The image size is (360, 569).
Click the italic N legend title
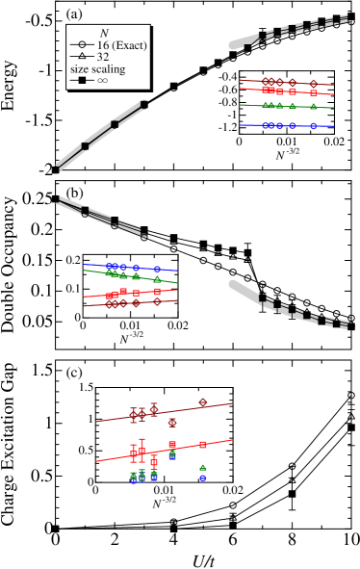(104, 34)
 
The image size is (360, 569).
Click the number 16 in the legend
(103, 45)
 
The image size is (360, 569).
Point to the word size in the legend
(79, 69)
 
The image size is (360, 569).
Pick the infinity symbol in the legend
(103, 81)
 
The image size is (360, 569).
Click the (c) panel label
(74, 372)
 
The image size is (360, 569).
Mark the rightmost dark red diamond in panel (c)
(202, 401)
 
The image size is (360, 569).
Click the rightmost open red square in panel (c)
(203, 444)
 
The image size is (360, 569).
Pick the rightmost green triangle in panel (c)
(202, 468)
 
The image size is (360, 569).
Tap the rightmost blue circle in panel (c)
(202, 478)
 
